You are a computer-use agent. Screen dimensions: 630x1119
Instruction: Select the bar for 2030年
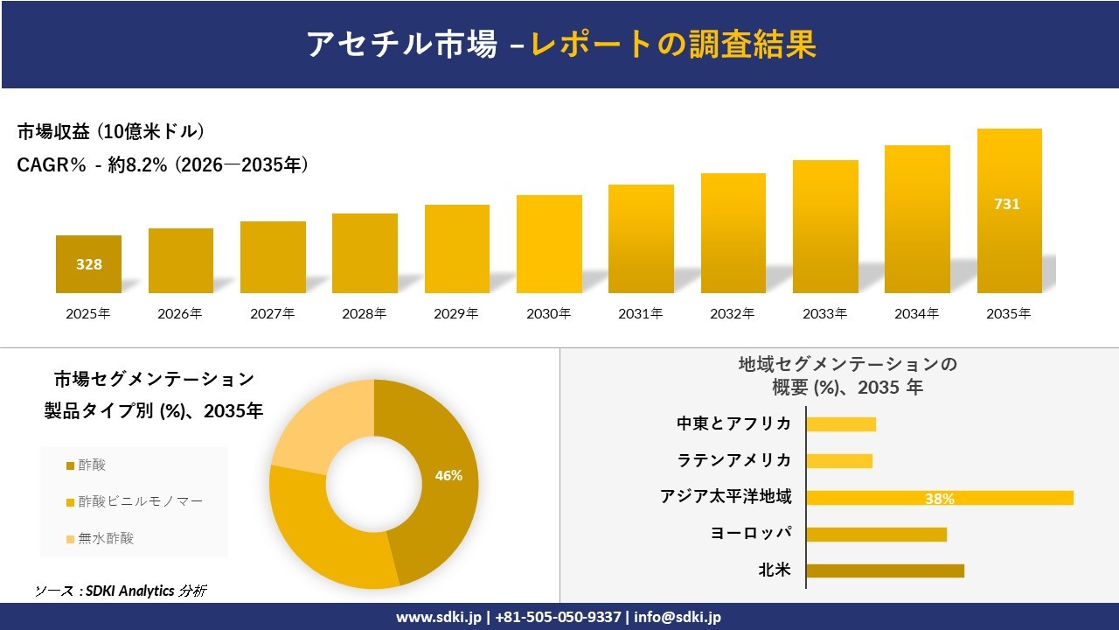coord(549,244)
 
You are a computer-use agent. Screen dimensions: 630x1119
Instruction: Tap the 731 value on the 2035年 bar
coord(1007,204)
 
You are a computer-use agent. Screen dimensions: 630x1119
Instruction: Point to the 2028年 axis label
coord(365,313)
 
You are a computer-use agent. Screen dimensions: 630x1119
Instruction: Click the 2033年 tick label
coord(825,313)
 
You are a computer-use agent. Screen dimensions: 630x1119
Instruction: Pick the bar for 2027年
coord(273,257)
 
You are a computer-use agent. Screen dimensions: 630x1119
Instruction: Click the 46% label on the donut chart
coord(448,476)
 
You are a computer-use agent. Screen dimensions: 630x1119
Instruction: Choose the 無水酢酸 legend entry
coord(106,538)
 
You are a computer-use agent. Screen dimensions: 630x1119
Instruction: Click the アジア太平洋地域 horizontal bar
coord(940,497)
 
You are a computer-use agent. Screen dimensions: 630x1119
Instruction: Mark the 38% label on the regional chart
coord(940,499)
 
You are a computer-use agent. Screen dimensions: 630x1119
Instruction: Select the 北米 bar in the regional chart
coord(885,570)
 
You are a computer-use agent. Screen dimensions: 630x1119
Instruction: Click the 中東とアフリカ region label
coord(734,423)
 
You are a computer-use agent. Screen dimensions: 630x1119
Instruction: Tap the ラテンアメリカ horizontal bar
coord(839,460)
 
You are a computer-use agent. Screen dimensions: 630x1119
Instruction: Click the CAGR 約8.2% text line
coord(163,165)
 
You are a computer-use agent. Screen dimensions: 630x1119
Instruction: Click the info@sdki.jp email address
coord(678,617)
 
